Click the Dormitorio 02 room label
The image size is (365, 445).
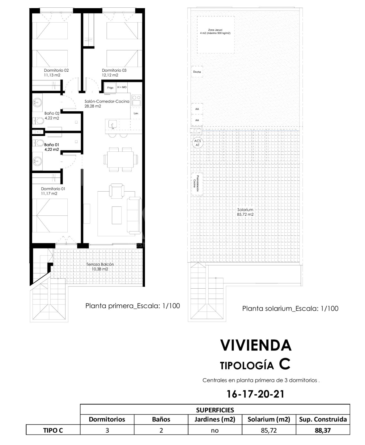[x=56, y=70]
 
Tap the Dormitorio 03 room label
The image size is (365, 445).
[x=114, y=70]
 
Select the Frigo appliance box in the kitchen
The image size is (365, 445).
[x=110, y=87]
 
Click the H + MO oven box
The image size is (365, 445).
[x=122, y=87]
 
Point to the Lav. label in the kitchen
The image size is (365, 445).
[x=136, y=113]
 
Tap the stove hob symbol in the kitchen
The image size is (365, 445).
[x=136, y=100]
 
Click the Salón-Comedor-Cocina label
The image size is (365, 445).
[x=107, y=101]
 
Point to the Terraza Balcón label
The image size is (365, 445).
[x=100, y=264]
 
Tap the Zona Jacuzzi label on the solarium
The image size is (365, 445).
[x=215, y=30]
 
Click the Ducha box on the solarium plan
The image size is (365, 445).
[x=197, y=72]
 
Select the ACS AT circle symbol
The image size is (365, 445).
[x=197, y=143]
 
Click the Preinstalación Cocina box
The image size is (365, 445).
[x=197, y=184]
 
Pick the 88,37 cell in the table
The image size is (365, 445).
[x=323, y=430]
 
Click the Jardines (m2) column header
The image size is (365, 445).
[x=215, y=419]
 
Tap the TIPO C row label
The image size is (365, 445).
[x=53, y=430]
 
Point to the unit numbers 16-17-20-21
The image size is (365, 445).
[x=255, y=394]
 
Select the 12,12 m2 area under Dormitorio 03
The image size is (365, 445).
[x=110, y=75]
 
